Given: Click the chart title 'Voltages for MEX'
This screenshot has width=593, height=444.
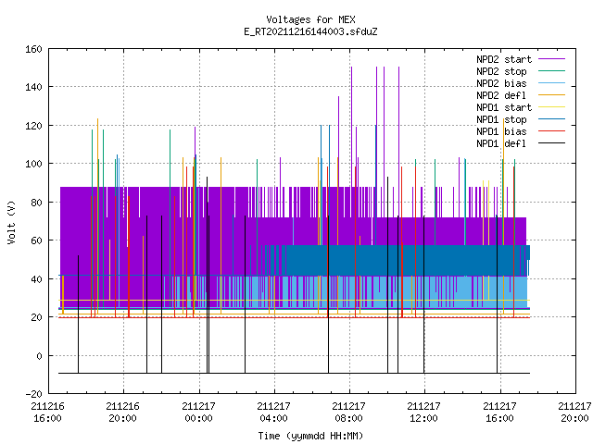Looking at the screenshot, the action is tap(310, 19).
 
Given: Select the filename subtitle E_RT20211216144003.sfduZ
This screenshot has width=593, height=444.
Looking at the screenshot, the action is tap(310, 31).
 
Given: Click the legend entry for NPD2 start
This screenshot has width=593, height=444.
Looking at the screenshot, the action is tap(504, 59).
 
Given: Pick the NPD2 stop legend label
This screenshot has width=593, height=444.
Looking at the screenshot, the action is tap(501, 71).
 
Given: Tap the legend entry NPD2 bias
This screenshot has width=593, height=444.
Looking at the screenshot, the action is tap(501, 83).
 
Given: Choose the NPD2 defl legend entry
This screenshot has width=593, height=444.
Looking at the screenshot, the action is tap(501, 95).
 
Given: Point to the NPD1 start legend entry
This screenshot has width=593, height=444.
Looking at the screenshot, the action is tap(504, 107).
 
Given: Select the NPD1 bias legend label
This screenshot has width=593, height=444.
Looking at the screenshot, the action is tap(501, 131).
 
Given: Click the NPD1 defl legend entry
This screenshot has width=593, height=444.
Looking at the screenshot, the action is tap(501, 144).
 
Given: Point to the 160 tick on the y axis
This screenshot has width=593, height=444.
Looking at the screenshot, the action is tap(33, 49).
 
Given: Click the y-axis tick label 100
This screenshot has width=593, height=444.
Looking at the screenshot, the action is tap(33, 164).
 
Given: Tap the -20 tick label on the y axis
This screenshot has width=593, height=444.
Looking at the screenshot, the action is tap(33, 394).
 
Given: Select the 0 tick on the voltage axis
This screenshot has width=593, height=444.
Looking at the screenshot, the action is tap(39, 355).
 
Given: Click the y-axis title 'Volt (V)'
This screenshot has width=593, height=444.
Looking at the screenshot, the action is tap(12, 222).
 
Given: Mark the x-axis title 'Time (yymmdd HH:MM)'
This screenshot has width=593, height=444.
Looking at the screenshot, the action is tap(310, 436).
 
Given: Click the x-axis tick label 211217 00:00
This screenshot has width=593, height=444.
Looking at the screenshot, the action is tap(198, 413).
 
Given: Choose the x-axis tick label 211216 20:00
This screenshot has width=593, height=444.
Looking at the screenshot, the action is tap(123, 413).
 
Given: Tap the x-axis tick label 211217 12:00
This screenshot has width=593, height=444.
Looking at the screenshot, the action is tap(424, 413).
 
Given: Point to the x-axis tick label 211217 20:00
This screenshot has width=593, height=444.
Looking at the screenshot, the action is tap(574, 413).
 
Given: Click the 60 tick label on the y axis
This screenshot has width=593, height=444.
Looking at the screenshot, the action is tap(37, 240).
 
